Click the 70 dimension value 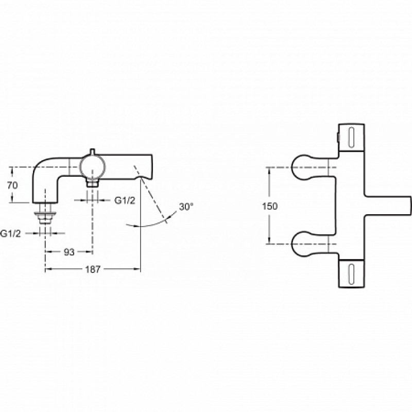pos(12,185)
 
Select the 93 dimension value pos(69,252)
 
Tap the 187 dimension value pos(93,269)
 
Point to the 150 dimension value pos(270,207)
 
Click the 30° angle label pos(186,207)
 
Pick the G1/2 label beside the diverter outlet pos(125,201)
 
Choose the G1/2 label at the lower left pos(10,234)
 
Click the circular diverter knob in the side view pos(93,167)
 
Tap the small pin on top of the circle pos(92,151)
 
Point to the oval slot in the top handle pos(351,138)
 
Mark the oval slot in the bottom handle pos(351,274)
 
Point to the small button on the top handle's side pos(338,136)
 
